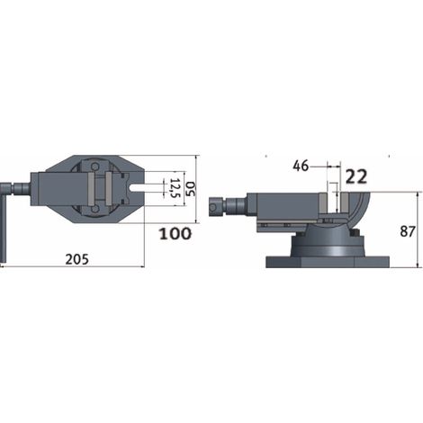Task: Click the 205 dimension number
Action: (77, 259)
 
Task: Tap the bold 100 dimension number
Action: (175, 234)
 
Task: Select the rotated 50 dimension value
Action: (190, 189)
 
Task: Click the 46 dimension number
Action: (301, 166)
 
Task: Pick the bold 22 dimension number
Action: (356, 176)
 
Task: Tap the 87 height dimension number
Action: (408, 231)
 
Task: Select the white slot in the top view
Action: (137, 189)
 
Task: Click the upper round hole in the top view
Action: (95, 166)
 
